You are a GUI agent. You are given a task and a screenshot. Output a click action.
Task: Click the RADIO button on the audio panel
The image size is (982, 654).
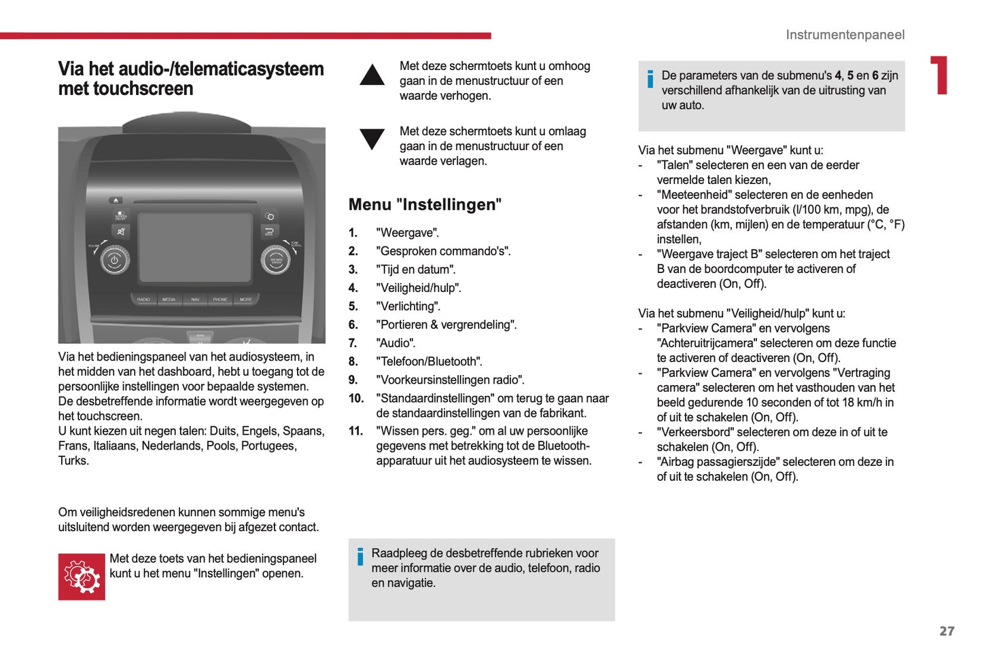[x=143, y=299]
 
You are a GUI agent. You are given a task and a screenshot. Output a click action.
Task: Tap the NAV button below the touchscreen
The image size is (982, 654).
[x=195, y=299]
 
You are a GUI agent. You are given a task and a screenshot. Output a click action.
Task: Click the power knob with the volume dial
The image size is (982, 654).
[x=114, y=261]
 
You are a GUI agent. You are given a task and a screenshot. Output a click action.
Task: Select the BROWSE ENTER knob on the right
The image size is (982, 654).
[x=276, y=261]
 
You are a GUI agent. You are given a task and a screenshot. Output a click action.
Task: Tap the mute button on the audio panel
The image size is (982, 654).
[x=120, y=232]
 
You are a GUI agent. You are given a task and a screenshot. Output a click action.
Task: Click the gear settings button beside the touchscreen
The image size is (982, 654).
[x=270, y=217]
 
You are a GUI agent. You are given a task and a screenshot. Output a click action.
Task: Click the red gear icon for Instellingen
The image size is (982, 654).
[x=82, y=577]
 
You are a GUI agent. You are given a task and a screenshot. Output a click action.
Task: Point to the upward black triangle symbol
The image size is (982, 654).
[x=372, y=75]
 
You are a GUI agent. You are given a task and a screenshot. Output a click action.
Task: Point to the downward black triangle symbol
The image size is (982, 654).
[x=372, y=139]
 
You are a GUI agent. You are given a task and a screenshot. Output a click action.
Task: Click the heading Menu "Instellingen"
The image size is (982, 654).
[x=425, y=204]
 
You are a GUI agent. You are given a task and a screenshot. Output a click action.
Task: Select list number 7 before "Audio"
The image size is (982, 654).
[x=353, y=343]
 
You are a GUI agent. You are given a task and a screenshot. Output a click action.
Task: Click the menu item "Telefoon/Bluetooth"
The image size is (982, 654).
[x=430, y=361]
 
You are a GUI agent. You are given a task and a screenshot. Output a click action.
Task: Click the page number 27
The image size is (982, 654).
[x=947, y=631]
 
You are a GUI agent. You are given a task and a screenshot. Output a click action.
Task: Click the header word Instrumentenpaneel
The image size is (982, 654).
[x=845, y=35]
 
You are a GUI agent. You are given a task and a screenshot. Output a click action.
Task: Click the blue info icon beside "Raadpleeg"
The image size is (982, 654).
[x=360, y=557]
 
